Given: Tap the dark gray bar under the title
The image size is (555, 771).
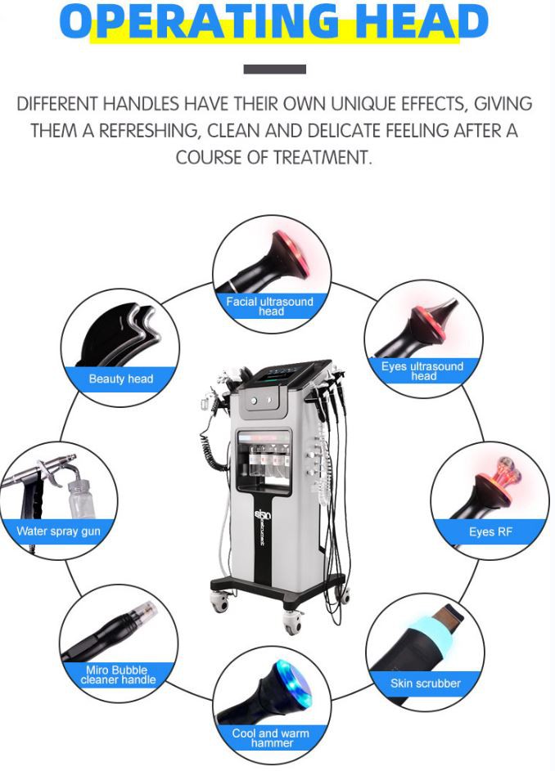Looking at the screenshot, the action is (x=275, y=69).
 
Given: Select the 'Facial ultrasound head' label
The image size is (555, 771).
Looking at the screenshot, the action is (x=270, y=306).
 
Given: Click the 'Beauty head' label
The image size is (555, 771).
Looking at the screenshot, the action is (x=121, y=379).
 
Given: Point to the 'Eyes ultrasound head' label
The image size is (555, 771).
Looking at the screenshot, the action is (x=422, y=370).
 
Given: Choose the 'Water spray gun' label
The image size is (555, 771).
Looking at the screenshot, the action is (x=58, y=531).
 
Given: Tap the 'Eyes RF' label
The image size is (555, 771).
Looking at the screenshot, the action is (x=490, y=532).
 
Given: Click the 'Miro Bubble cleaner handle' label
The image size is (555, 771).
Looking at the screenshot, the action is (x=118, y=675).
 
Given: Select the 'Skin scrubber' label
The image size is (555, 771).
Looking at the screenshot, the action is (x=425, y=683).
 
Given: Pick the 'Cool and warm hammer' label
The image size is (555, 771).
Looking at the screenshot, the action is (x=271, y=737).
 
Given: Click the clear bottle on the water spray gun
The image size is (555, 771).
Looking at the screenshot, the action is (x=79, y=497).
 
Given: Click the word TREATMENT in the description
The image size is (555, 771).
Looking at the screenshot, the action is (x=321, y=158).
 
